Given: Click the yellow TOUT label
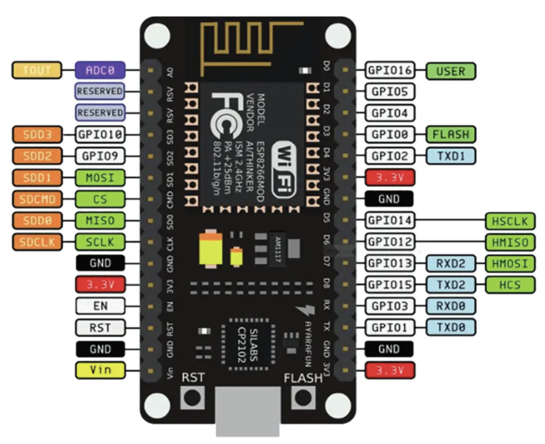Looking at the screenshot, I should click(x=37, y=70).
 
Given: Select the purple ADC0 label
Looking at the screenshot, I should click(x=100, y=70).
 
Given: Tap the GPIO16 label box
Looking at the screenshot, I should click(x=390, y=70).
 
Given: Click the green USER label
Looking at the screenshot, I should click(x=451, y=71).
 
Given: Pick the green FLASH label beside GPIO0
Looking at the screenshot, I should click(x=451, y=134).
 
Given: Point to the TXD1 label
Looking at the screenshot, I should click(x=451, y=156).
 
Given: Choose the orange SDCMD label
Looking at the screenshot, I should click(x=37, y=199).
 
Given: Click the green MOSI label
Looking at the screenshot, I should click(x=100, y=178).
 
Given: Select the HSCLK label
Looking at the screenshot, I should click(x=510, y=221).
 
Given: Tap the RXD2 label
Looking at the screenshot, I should click(x=451, y=264).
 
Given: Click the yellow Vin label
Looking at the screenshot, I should click(x=100, y=370).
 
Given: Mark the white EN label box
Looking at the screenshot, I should click(x=100, y=306).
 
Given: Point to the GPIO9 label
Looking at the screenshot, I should click(x=100, y=156).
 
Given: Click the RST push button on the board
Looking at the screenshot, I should click(x=193, y=397).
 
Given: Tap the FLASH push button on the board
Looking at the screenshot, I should click(x=303, y=397).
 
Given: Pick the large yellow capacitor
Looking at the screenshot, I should click(x=211, y=248).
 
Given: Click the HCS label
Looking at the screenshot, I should click(x=510, y=285).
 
